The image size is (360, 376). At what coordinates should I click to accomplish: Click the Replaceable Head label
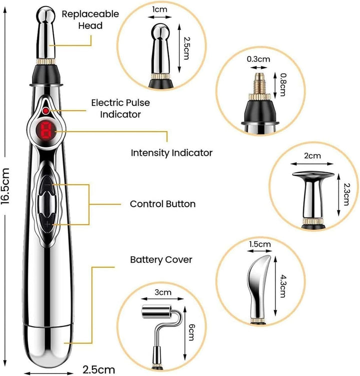click(90, 19)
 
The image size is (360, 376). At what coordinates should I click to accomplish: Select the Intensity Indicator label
click(171, 152)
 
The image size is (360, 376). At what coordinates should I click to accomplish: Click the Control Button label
click(162, 204)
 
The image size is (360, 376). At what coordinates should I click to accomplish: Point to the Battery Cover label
click(161, 260)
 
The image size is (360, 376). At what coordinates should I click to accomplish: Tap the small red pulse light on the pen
click(46, 110)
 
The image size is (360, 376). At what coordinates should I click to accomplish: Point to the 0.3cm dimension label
click(258, 58)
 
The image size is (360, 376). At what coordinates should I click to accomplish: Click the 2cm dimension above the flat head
click(312, 156)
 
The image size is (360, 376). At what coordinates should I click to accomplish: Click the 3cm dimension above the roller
click(162, 291)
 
